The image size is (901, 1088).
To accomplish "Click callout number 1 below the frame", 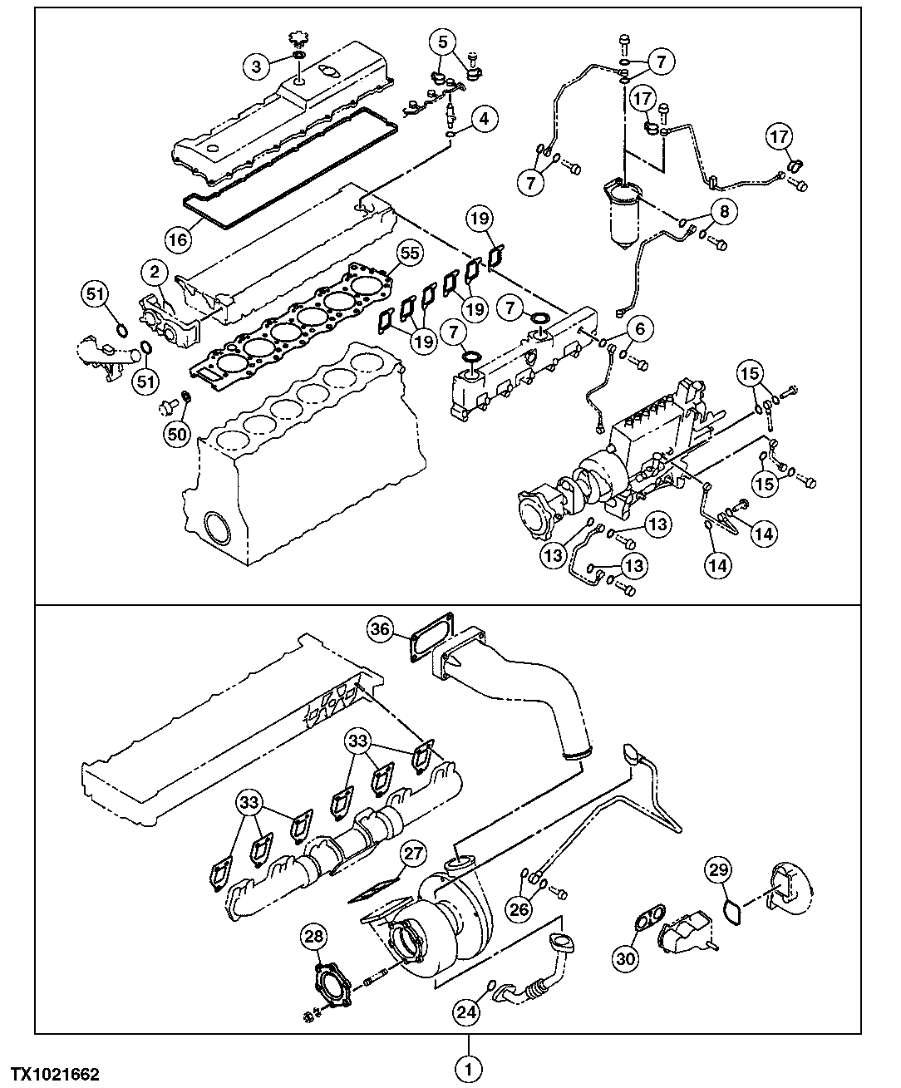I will [468, 1067].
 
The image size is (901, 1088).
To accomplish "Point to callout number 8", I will [724, 212].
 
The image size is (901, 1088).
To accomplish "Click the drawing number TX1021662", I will [56, 1075].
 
